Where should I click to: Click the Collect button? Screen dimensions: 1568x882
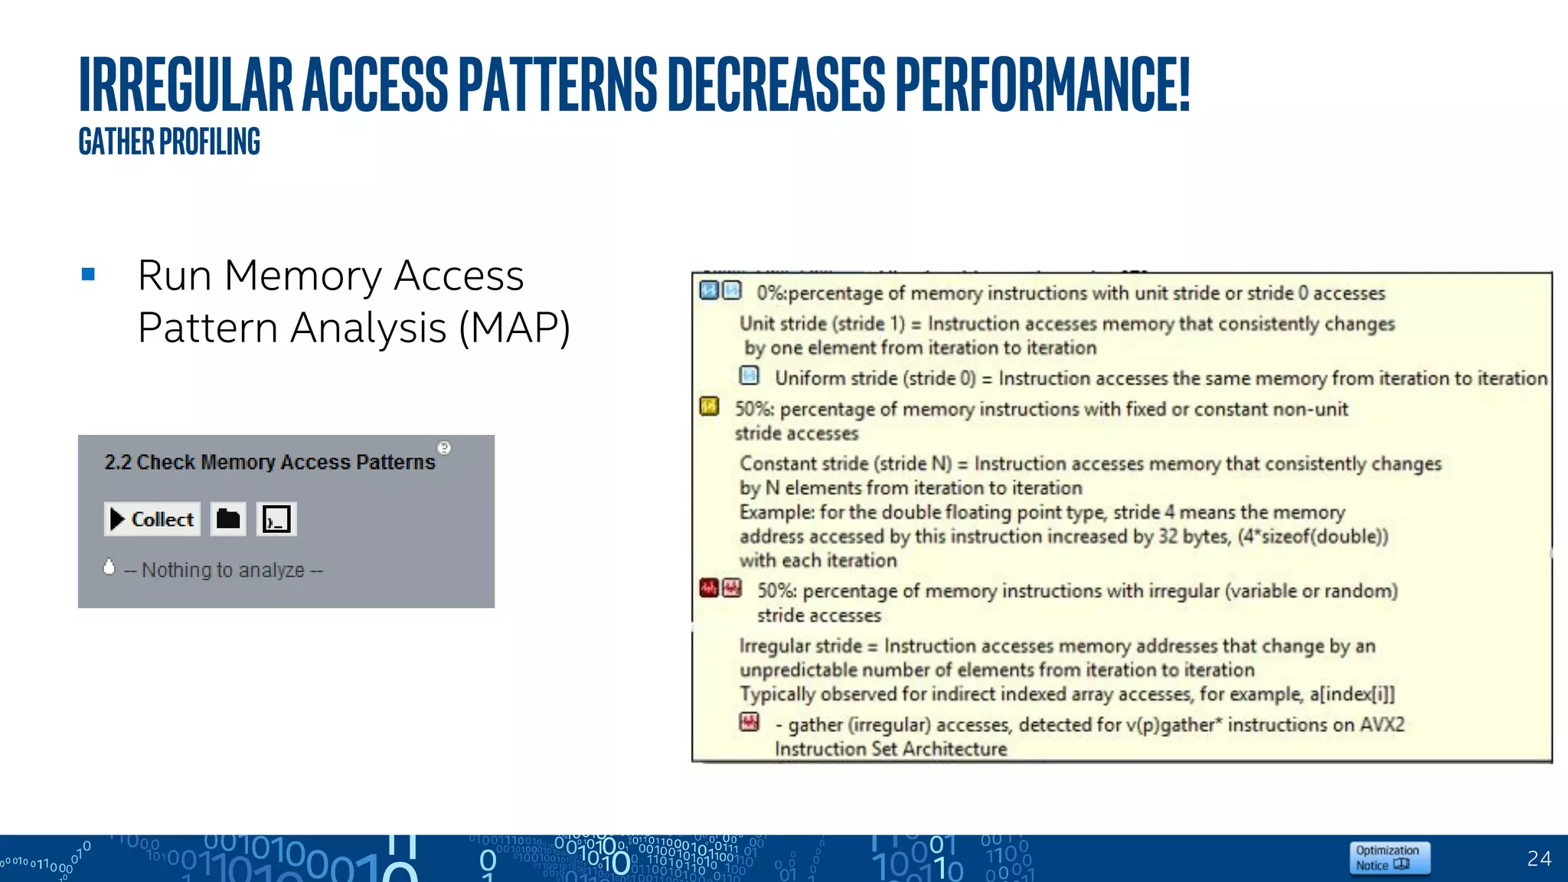point(152,519)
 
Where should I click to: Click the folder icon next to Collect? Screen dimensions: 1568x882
point(228,519)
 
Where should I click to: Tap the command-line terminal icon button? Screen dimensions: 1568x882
point(276,519)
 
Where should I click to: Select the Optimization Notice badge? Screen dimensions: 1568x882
point(1389,857)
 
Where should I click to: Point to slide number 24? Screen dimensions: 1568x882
point(1539,858)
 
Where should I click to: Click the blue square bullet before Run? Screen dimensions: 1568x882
point(88,274)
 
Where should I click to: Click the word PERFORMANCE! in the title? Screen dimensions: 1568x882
point(1042,84)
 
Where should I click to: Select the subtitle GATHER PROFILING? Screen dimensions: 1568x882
point(169,142)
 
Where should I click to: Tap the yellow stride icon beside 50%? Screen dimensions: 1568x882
point(709,406)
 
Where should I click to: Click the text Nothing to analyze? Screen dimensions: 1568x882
point(224,570)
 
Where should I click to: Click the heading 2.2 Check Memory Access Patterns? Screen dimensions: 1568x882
point(269,462)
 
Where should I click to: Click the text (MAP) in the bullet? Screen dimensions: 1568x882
point(514,328)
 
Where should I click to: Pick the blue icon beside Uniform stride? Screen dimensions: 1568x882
point(749,375)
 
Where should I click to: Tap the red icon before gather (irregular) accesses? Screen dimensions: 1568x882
point(749,722)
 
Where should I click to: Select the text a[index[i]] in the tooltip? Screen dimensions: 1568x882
point(1352,694)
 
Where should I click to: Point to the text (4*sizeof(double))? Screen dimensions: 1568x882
point(1312,537)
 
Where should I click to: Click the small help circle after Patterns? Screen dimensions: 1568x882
point(444,448)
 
